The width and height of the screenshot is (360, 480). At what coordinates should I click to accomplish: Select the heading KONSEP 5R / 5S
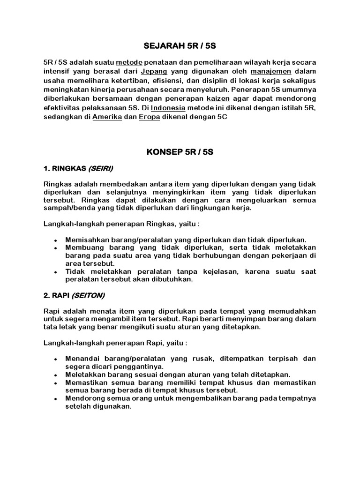[180, 152]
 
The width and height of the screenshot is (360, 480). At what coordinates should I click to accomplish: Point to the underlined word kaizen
[218, 99]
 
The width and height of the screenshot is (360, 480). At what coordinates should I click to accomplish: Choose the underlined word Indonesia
[168, 108]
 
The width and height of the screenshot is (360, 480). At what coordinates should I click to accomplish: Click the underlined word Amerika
[106, 117]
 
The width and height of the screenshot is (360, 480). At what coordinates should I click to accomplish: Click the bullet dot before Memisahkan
[55, 240]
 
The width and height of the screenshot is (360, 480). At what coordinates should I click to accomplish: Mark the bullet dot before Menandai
[55, 359]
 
